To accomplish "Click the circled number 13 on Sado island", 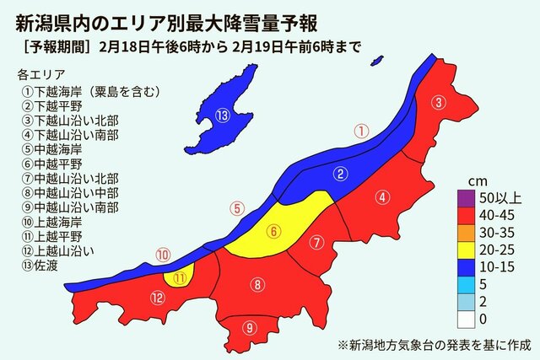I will coord(222,116).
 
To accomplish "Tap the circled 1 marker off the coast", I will coord(360,131).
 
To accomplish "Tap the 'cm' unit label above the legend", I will coord(477,181).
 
